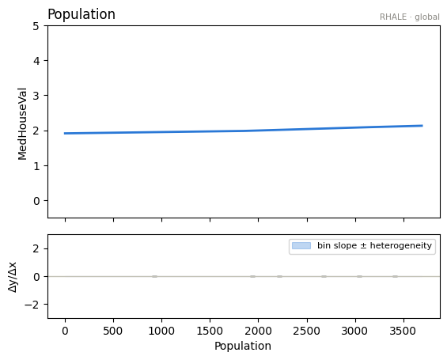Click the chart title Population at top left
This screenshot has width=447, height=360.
click(x=81, y=14)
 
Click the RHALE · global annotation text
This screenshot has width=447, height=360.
click(x=409, y=17)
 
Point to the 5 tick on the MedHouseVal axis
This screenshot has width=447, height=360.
click(x=36, y=26)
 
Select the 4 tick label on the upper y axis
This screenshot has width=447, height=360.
click(x=36, y=61)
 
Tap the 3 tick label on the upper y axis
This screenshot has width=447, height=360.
click(x=36, y=96)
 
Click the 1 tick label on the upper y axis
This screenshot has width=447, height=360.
click(x=36, y=166)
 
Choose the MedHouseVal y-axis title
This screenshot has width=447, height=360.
click(x=22, y=124)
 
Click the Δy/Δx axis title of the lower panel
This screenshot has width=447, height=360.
click(x=13, y=276)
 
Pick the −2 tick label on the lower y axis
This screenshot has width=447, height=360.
click(x=32, y=305)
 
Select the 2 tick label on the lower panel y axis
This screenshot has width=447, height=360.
click(x=36, y=249)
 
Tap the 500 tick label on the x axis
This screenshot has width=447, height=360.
click(x=113, y=331)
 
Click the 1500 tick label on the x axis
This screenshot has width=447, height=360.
click(x=210, y=331)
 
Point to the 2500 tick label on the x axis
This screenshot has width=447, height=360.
click(x=307, y=331)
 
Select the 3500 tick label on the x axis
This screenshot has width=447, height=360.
click(x=403, y=331)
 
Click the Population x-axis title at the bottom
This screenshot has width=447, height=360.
click(x=243, y=346)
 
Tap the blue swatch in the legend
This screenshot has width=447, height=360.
click(x=301, y=245)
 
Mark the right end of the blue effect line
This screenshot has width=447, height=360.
click(x=422, y=126)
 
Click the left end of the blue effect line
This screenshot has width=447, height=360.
click(x=65, y=133)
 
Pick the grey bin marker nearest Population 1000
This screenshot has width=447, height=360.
click(x=154, y=276)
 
